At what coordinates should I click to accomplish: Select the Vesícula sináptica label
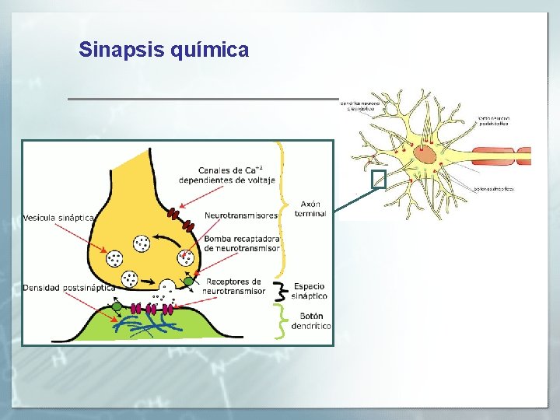pos(59,218)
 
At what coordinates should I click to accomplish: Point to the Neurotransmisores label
pos(241,215)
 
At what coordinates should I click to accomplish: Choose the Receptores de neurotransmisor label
pos(233,286)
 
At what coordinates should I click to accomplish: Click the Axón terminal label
pos(310,208)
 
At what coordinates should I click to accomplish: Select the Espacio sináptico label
pos(310,291)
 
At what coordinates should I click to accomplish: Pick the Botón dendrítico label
pos(311,321)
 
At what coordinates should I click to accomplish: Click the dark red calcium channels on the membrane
pos(173,212)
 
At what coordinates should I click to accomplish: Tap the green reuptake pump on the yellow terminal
pos(187,280)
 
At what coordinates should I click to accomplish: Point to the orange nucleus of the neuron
pos(425,153)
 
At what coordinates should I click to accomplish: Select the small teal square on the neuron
pos(379,180)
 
